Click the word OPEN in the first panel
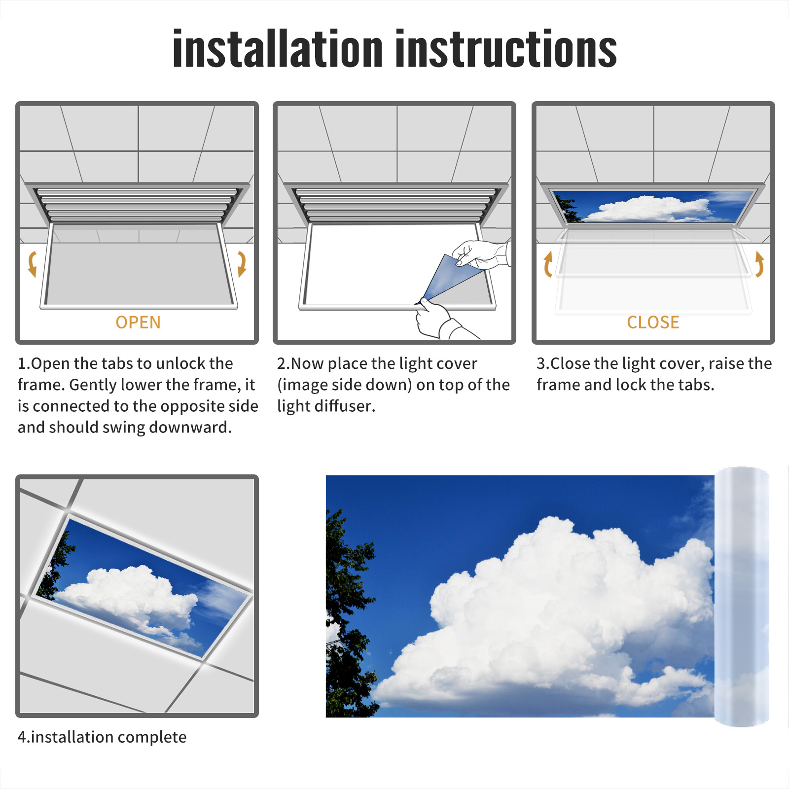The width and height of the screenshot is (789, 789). (138, 323)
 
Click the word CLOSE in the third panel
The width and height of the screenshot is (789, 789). (653, 323)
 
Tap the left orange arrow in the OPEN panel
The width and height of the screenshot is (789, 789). (33, 264)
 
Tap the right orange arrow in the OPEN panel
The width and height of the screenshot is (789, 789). (241, 264)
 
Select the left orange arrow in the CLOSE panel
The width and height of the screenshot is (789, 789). (548, 264)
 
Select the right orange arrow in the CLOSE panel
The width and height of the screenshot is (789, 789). (759, 264)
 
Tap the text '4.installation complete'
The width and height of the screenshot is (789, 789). (102, 737)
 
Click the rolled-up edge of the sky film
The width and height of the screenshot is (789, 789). (742, 597)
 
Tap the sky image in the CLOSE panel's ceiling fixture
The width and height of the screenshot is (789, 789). (653, 207)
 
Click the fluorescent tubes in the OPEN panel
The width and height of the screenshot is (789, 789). (137, 204)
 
